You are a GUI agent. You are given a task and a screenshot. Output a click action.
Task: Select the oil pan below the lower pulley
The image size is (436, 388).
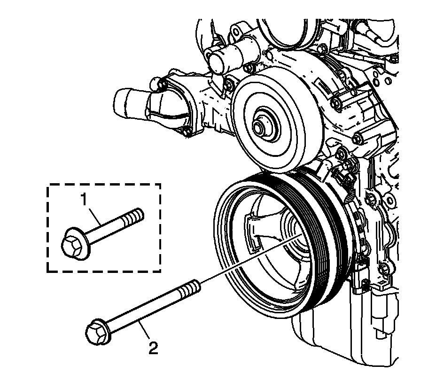329,343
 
